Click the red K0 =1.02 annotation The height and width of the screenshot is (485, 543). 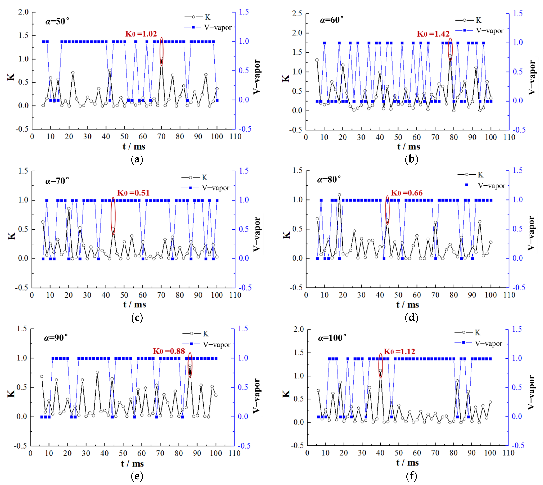141,34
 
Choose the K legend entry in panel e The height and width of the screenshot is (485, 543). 195,334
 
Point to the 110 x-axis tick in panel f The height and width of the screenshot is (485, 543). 508,453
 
